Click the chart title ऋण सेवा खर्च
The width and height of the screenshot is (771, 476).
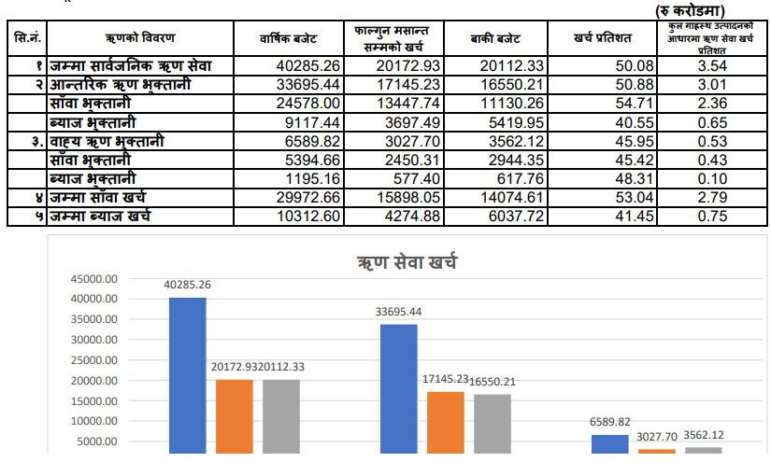[407, 262]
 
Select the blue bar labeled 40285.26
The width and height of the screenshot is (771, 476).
[187, 375]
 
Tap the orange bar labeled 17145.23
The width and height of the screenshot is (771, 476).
[446, 423]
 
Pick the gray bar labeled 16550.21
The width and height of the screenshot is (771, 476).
[493, 424]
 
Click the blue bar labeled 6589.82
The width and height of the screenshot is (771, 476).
[609, 444]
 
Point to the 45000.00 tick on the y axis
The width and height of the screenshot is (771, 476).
[93, 279]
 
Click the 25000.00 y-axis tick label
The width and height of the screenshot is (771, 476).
[93, 360]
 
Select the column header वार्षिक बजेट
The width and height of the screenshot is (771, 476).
[288, 38]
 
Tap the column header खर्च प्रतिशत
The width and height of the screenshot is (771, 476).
[603, 38]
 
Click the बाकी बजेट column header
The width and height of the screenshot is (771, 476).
[495, 38]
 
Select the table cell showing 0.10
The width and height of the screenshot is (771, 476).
[712, 179]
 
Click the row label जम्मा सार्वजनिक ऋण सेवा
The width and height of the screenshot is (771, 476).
[130, 66]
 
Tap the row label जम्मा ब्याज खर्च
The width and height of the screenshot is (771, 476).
[100, 217]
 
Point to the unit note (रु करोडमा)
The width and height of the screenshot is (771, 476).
[690, 10]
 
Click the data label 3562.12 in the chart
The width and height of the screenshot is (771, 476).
[703, 435]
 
